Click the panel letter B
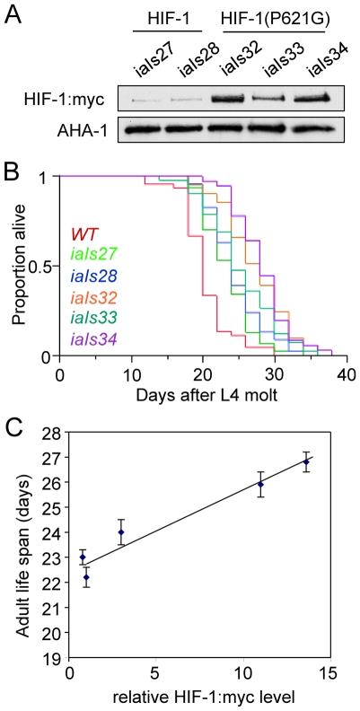pos(12,167)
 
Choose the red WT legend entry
pos(84,236)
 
